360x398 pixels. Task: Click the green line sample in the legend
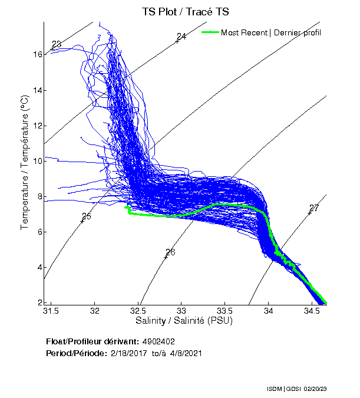[x=210, y=32]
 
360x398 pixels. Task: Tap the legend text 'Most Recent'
[x=244, y=32]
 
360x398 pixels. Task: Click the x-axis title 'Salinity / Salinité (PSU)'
[x=184, y=321]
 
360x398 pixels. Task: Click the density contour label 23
[x=57, y=45]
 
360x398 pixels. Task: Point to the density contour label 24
[x=181, y=37]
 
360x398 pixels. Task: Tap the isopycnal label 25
[x=87, y=216]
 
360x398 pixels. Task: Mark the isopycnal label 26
[x=170, y=252]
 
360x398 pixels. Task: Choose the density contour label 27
[x=313, y=208]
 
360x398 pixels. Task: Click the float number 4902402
[x=158, y=341]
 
